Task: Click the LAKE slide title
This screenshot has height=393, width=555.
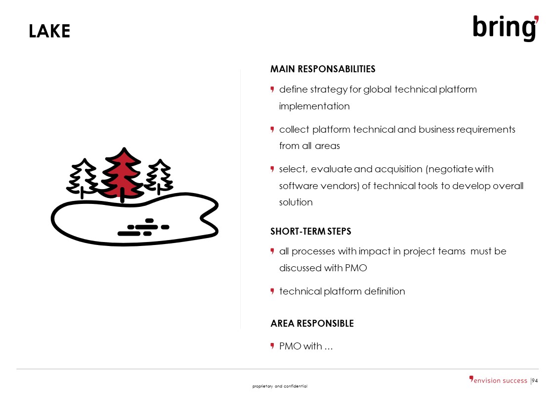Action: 49,31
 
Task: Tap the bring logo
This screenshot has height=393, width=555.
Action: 506,28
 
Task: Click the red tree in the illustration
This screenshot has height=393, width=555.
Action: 122,175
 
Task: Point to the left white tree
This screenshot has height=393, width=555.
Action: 83,178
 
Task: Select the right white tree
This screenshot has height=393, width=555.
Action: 159,177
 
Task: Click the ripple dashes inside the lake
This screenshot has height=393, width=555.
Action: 143,227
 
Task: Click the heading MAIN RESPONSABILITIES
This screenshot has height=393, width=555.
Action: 323,69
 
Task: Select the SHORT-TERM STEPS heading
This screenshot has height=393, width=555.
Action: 311,232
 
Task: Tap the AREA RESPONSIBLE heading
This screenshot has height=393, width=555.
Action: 312,323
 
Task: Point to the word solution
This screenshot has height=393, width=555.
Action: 296,202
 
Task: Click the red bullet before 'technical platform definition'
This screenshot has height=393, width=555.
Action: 272,292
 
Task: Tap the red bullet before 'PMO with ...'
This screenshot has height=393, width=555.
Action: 272,346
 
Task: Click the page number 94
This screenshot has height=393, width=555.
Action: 535,381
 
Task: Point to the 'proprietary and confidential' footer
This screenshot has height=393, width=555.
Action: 280,386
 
